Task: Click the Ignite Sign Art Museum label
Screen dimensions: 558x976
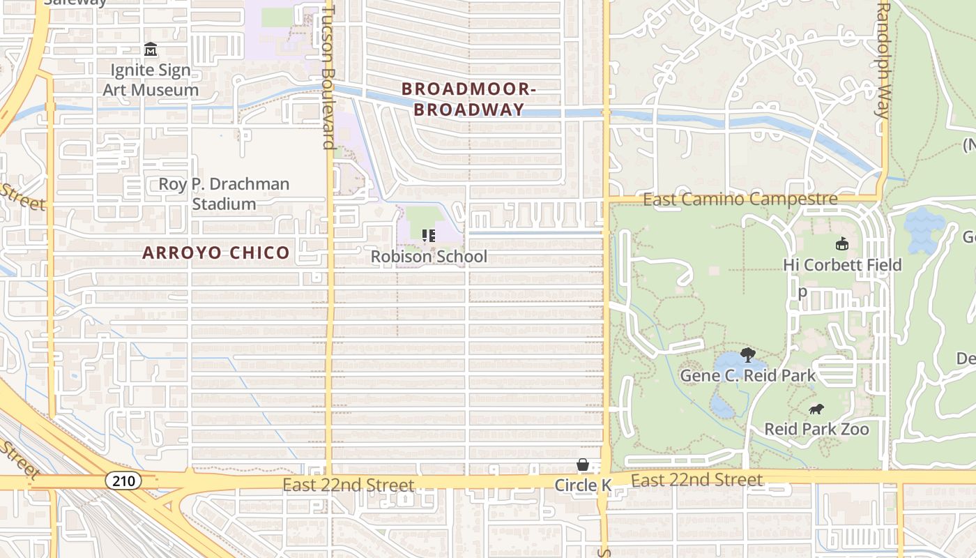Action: click(151, 80)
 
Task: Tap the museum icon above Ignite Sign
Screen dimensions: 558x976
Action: click(151, 50)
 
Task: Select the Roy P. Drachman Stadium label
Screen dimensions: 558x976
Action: click(224, 194)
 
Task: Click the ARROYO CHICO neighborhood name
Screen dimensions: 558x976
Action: click(216, 252)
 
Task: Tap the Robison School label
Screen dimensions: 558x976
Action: click(429, 257)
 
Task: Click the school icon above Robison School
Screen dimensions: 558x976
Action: click(429, 236)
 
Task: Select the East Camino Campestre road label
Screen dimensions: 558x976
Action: click(740, 199)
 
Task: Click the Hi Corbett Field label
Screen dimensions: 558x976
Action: click(842, 265)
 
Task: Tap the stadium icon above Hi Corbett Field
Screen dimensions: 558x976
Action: click(842, 243)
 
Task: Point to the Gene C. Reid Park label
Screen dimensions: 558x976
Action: click(747, 375)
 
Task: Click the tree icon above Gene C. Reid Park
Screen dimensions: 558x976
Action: click(748, 355)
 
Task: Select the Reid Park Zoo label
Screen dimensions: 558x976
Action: click(816, 429)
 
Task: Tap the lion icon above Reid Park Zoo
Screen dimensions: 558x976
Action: click(816, 409)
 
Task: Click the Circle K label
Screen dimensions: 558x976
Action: click(583, 485)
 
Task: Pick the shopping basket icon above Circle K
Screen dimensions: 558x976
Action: click(583, 465)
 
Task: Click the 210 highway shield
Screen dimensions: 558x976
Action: click(124, 481)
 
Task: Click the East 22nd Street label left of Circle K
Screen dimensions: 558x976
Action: click(349, 485)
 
